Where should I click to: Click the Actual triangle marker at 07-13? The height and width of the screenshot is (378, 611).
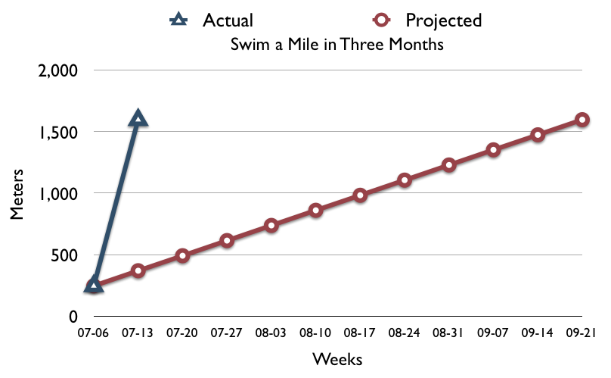coord(138,118)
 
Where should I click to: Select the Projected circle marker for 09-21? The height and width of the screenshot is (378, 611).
coord(582,120)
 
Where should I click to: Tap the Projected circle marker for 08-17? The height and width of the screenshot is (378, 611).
coord(360,195)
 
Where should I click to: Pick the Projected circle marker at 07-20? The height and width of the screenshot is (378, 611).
coord(182,256)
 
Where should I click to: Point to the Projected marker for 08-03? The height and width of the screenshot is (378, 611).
coord(271,225)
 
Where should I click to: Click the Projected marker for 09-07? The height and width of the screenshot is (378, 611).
coord(493,150)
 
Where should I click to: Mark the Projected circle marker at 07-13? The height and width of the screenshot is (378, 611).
coord(138,270)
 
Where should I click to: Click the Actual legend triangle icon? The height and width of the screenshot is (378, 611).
coord(178,20)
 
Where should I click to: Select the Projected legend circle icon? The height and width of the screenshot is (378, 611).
coord(381,20)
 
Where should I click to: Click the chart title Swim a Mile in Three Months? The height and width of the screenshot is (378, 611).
coord(337,44)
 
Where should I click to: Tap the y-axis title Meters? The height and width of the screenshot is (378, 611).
coord(17,194)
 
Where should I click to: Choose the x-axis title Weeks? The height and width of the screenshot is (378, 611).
coord(337,359)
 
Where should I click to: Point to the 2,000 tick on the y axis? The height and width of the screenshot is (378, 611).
coord(57,71)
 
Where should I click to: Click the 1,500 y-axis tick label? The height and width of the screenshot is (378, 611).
coord(58,133)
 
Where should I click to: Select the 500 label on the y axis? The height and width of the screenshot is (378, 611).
coord(64,256)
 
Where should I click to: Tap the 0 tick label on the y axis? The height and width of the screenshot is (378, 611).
coord(73,317)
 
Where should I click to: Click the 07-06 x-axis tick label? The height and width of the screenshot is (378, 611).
coord(93,333)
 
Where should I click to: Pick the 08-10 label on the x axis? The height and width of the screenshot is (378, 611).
coord(315,333)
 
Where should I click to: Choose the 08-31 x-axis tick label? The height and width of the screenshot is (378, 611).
coord(448,333)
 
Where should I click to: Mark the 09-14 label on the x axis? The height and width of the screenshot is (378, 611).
coord(538,333)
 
